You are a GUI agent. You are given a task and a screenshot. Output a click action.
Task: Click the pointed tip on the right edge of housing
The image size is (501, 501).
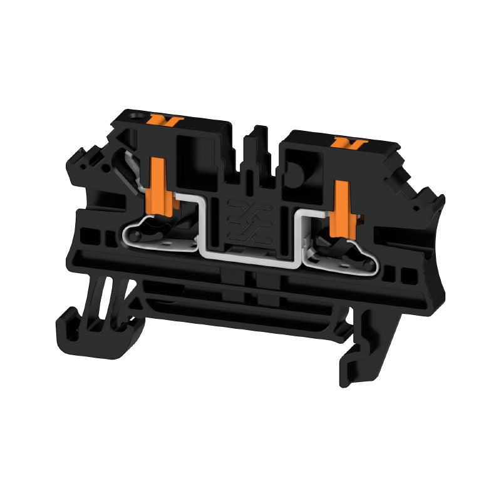[442, 199]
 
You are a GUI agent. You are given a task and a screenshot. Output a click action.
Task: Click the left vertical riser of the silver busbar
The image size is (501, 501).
[202, 222]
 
